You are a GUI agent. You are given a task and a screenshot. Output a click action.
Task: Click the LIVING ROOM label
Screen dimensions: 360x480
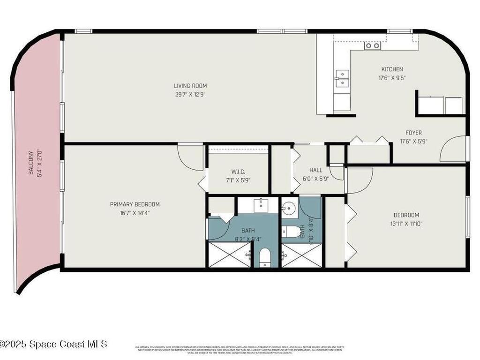(x=190, y=86)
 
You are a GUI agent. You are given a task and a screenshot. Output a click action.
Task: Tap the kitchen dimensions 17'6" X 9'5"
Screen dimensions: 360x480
(x=392, y=78)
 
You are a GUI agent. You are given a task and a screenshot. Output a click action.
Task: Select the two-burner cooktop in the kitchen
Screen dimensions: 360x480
(x=373, y=45)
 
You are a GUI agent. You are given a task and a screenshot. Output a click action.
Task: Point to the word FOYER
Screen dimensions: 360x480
(x=413, y=133)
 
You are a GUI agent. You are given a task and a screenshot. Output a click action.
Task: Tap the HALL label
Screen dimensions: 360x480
(x=315, y=170)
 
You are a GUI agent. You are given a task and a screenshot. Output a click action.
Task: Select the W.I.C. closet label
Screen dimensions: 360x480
(x=238, y=172)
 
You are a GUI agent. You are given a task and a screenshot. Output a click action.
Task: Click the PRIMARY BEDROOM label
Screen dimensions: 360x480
(x=135, y=204)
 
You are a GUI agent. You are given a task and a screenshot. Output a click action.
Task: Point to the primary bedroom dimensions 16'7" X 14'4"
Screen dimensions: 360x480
(x=135, y=212)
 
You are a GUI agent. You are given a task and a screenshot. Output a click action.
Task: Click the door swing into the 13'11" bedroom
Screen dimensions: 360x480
(x=359, y=179)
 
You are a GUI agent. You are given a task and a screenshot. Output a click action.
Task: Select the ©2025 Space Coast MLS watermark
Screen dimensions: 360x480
(x=53, y=344)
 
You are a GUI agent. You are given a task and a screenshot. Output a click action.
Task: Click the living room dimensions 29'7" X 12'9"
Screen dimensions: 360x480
(x=190, y=94)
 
